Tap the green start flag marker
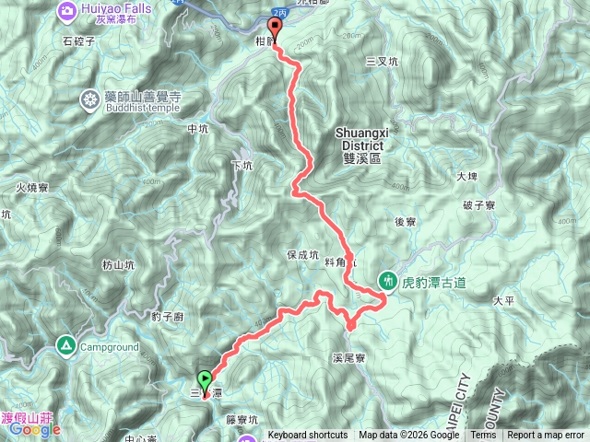pos(203,378)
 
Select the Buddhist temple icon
pos(90,99)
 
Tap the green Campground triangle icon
pos(66,346)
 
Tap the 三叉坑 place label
pos(382,62)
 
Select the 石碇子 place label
pos(79,41)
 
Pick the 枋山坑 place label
pos(118,265)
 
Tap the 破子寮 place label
pos(479,204)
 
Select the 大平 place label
pos(503,300)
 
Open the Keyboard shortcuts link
pos(308,436)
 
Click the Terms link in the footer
pos(483,436)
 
